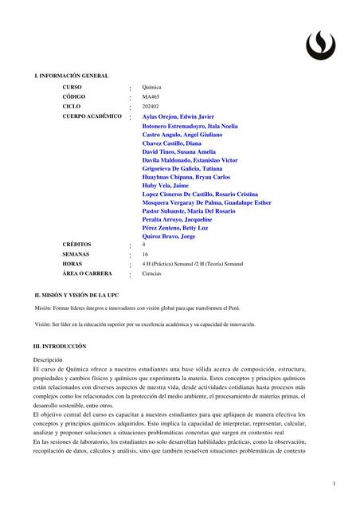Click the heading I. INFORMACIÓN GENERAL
point(71,75)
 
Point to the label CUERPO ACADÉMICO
point(92,116)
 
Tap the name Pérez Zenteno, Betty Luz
point(182,227)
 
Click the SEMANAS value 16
point(145,254)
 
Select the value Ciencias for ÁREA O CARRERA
point(151,273)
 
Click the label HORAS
point(72,264)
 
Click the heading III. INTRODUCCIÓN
point(60,347)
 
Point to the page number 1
point(335,484)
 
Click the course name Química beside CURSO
point(151,87)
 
